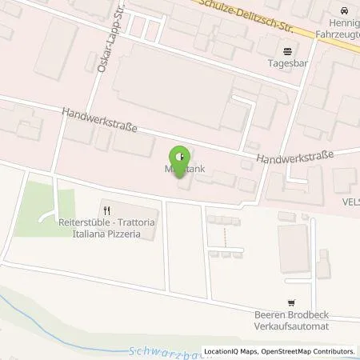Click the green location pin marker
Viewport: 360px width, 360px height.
pos(181,154)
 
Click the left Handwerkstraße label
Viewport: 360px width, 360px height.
pos(100,122)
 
